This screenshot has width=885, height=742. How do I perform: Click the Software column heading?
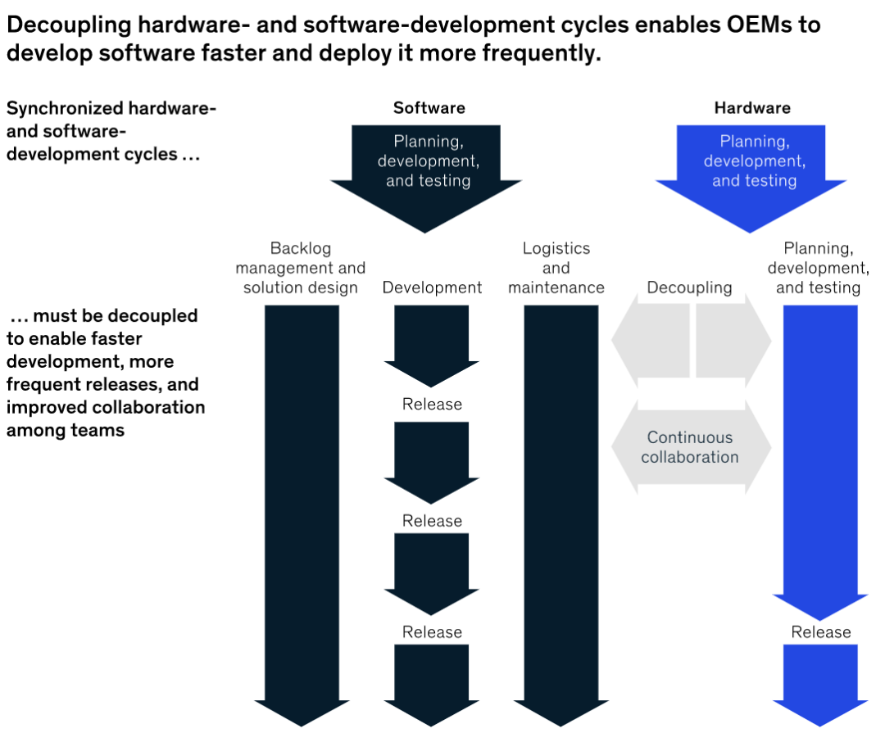point(429,108)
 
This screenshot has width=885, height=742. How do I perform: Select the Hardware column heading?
point(752,108)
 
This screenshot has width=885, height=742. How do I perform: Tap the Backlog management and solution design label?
point(300,268)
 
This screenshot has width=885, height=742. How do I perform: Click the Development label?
point(432,287)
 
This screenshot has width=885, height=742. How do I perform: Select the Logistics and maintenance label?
point(556,268)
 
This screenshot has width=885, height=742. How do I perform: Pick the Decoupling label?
point(689,287)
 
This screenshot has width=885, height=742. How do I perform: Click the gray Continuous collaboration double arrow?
point(690,447)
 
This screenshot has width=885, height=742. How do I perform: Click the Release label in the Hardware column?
point(820,631)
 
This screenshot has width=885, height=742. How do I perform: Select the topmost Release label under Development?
point(432,405)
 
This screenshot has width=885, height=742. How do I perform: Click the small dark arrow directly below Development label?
point(432,344)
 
